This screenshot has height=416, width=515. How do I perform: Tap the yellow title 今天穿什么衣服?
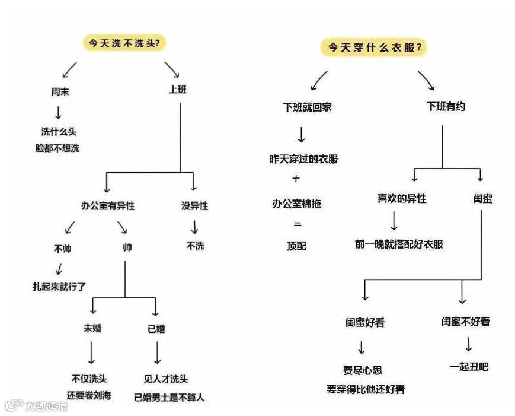374,47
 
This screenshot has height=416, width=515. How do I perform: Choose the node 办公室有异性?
108,206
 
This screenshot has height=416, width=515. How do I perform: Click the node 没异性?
194,206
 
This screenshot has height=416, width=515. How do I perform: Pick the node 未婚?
92,328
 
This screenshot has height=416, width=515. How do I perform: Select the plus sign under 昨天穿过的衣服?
296,179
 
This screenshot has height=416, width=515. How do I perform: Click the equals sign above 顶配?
297,224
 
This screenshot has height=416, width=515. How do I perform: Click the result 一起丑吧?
469,367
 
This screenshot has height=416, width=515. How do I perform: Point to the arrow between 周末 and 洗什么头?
58,112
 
